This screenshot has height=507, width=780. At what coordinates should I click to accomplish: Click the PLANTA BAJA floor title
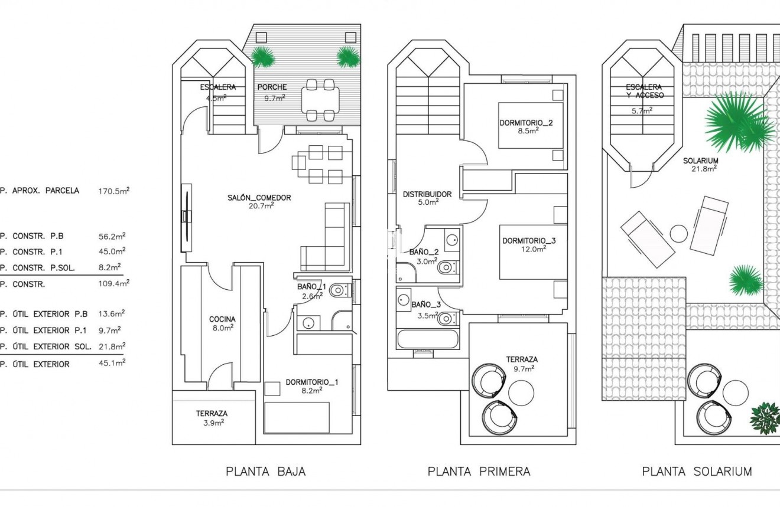(x=265, y=472)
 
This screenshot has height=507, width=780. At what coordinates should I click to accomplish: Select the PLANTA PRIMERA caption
(x=479, y=472)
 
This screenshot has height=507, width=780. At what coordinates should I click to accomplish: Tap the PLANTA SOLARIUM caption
(x=697, y=472)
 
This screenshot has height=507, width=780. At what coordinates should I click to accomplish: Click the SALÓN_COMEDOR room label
(x=259, y=198)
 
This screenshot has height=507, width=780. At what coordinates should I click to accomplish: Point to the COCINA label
(x=222, y=319)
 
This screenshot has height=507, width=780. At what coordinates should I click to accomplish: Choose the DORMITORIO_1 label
(x=311, y=382)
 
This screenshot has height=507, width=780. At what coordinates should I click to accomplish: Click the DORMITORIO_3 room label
(x=529, y=241)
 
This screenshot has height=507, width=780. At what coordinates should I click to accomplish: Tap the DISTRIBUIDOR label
(x=427, y=194)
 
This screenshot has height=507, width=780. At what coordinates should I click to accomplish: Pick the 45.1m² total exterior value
(x=112, y=364)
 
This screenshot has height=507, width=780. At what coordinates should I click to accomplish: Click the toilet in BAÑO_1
(x=339, y=290)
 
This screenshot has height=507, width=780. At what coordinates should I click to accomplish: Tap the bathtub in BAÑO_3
(x=427, y=339)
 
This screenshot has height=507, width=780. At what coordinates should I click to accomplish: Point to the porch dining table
(x=320, y=100)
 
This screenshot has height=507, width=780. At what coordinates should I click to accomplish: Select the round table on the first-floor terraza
(x=521, y=391)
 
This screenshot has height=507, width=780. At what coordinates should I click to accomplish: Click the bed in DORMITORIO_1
(x=297, y=417)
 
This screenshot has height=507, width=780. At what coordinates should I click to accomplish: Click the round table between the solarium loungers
(x=679, y=233)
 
